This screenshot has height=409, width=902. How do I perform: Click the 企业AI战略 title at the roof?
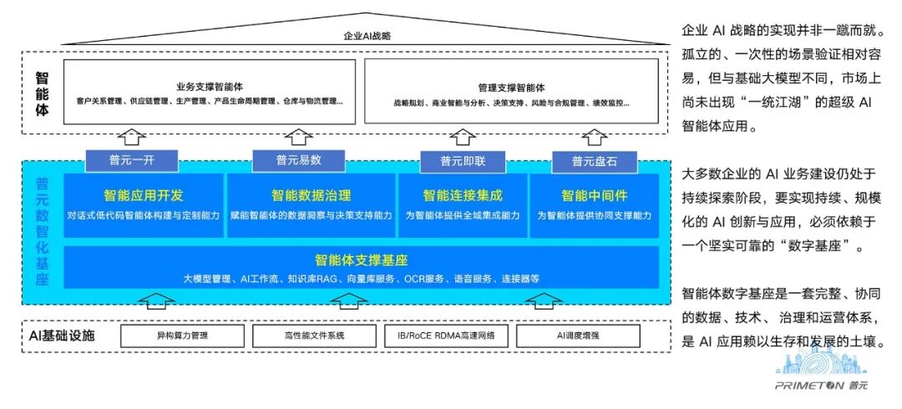(367, 37)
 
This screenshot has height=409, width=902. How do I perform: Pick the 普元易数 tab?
(298, 159)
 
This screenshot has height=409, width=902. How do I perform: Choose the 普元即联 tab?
(464, 160)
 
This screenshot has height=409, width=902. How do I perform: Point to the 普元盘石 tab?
(594, 160)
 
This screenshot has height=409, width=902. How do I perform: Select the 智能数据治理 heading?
(311, 195)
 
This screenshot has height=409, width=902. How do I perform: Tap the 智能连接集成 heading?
(463, 195)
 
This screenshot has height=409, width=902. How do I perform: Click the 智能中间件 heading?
(594, 195)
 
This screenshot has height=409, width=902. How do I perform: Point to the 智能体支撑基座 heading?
(361, 260)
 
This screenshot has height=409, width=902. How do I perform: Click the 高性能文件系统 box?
(309, 336)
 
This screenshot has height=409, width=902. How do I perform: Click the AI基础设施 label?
(62, 336)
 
